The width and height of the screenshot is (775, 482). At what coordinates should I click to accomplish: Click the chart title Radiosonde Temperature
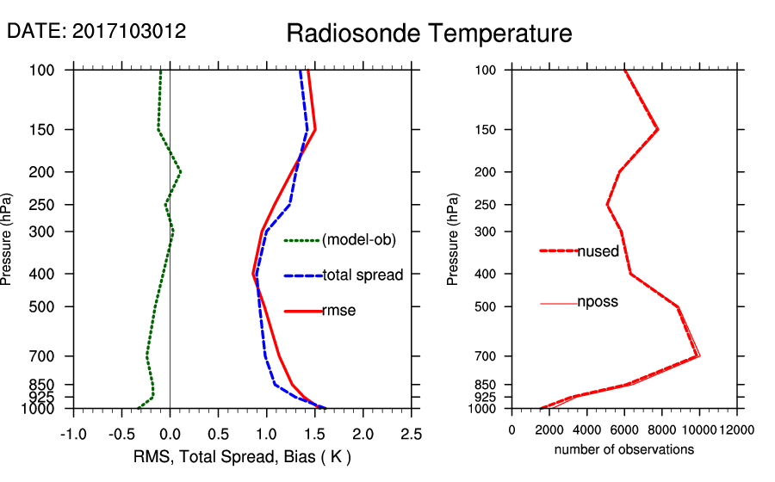click(x=429, y=34)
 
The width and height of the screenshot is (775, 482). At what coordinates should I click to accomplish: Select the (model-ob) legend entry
click(x=358, y=240)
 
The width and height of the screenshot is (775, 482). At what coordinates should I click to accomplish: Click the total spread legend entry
click(x=363, y=275)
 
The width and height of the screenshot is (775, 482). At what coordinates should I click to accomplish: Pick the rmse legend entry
click(x=338, y=311)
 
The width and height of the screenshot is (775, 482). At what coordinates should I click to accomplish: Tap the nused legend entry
click(x=598, y=251)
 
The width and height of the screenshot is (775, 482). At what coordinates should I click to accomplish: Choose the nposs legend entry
click(x=598, y=303)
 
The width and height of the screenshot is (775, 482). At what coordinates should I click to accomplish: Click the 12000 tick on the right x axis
click(x=737, y=429)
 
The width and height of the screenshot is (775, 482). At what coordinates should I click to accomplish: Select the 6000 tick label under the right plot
click(x=624, y=429)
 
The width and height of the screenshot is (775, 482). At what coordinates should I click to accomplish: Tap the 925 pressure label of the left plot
click(x=42, y=397)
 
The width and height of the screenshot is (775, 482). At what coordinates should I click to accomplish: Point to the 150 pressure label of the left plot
click(x=42, y=130)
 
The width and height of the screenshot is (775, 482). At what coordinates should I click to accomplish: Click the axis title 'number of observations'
click(x=624, y=449)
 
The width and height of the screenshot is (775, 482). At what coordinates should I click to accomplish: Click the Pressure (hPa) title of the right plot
click(x=454, y=239)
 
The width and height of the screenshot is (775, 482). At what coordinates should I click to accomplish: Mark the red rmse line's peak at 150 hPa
click(x=315, y=130)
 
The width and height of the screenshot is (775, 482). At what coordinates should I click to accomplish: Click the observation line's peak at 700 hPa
click(x=698, y=355)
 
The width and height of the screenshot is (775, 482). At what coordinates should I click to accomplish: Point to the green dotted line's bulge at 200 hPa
click(x=180, y=172)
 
